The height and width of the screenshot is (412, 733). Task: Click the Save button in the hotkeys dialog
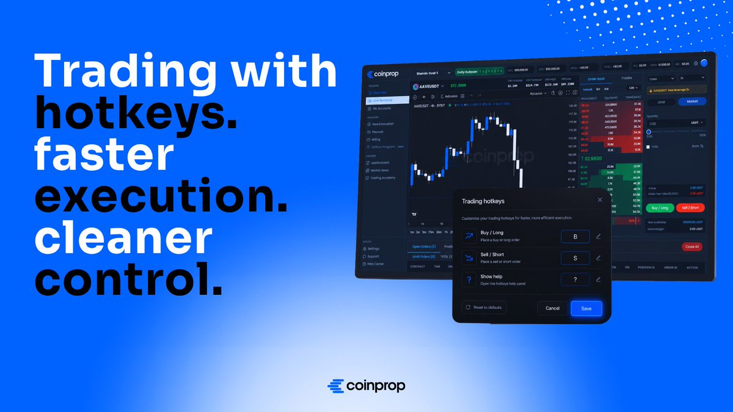tap(586, 308)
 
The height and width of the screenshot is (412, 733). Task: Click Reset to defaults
tap(483, 308)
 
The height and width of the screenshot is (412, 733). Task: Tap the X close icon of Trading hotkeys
tap(600, 200)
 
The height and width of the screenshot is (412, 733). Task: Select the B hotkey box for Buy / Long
tap(575, 236)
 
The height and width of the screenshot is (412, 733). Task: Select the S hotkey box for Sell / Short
tap(575, 258)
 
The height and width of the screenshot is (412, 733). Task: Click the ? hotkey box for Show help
tap(575, 280)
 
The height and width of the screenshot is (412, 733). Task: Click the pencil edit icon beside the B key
tap(599, 236)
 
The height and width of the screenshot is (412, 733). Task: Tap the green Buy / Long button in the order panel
tap(660, 208)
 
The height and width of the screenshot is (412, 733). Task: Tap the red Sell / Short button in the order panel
tap(690, 208)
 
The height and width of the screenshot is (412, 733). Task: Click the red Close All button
tap(691, 247)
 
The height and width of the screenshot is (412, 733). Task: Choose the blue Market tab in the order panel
tap(691, 102)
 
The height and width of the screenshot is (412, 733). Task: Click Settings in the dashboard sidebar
tap(373, 248)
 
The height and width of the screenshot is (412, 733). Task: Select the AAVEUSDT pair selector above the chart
tap(428, 86)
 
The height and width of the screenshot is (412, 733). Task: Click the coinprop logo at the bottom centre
tap(366, 386)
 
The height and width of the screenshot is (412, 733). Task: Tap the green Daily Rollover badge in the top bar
tap(480, 72)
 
